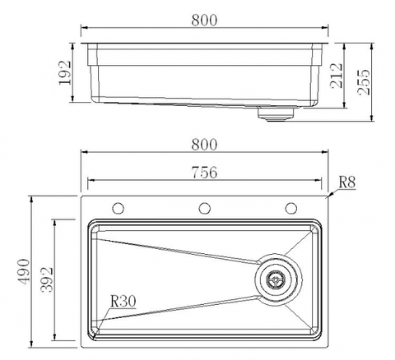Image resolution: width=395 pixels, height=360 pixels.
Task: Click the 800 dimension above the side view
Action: click(204, 20)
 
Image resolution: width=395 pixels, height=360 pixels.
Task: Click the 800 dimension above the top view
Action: click(204, 145)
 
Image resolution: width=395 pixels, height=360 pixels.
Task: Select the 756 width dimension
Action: click(204, 173)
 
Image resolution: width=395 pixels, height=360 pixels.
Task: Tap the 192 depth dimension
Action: click(65, 72)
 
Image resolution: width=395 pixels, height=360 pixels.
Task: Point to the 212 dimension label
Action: click(337, 76)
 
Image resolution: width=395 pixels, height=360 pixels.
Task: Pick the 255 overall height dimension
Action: click(364, 82)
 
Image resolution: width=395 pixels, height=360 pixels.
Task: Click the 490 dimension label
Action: click(23, 272)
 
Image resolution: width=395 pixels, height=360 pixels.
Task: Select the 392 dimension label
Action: click(47, 279)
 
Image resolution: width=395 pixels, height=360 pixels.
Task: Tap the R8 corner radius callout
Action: click(347, 182)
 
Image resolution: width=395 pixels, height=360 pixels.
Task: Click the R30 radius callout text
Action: click(123, 301)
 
